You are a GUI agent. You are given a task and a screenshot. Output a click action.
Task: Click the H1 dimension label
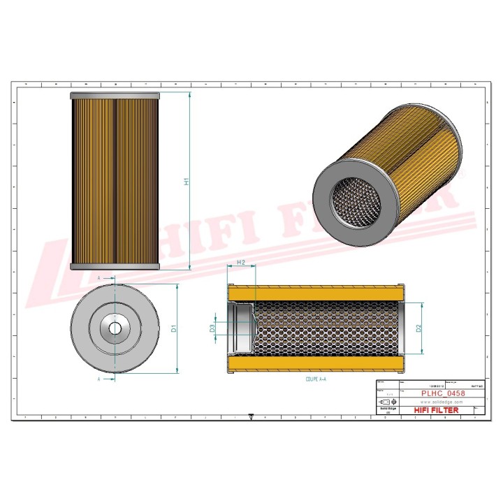[187, 181]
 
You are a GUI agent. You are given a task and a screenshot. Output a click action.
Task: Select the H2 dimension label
[241, 263]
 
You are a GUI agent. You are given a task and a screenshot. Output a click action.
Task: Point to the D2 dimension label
[418, 328]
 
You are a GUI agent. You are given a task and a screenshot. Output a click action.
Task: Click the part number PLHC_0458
[442, 394]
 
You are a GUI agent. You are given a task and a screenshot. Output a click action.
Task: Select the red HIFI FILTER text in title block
[437, 410]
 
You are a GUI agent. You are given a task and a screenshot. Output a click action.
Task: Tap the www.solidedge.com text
[442, 402]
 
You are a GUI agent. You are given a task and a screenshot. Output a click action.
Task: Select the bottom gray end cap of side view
[115, 266]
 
